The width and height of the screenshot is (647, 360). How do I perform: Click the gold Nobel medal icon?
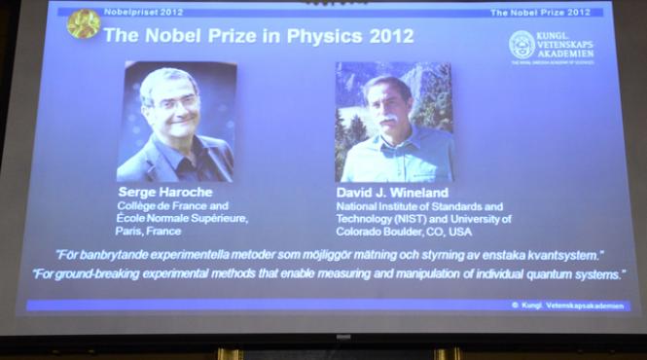[83, 24]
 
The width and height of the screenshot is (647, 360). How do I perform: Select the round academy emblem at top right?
[521, 44]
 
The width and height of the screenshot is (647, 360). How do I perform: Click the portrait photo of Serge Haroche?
[176, 122]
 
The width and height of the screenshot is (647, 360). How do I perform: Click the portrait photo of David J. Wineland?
[394, 122]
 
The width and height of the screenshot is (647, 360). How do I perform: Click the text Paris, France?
[148, 232]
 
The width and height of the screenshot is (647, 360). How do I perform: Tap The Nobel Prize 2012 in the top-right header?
[539, 13]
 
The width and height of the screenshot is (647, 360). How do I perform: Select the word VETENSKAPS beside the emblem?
[566, 45]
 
